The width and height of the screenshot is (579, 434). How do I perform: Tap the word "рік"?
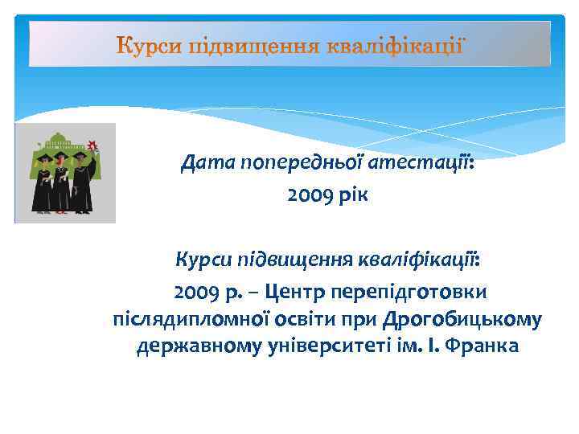353,195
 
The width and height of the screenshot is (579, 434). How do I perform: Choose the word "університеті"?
297,347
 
